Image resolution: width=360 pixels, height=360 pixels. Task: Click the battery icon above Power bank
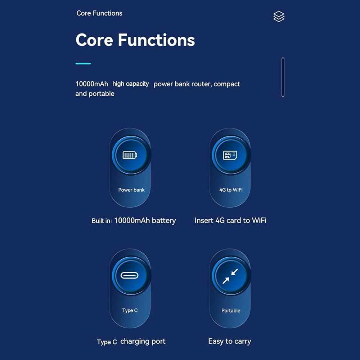click(130, 155)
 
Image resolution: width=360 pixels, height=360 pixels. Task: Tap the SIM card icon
click(230, 156)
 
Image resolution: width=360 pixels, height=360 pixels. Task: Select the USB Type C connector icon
click(130, 275)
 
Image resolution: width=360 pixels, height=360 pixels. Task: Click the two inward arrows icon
click(230, 276)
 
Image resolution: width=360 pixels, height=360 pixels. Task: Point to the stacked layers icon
click(279, 17)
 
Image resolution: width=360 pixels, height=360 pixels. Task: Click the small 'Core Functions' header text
click(99, 13)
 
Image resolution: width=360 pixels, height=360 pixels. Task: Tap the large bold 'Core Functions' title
click(135, 40)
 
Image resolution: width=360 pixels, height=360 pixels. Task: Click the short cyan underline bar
click(83, 64)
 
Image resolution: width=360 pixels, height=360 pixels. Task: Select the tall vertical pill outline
click(283, 77)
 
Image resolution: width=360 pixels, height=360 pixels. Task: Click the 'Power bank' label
click(131, 190)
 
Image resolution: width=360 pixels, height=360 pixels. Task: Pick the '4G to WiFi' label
click(231, 190)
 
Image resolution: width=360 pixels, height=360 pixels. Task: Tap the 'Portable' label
click(231, 311)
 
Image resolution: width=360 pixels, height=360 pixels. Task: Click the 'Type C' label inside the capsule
click(130, 310)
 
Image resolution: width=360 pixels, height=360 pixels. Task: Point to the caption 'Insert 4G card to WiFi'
click(230, 220)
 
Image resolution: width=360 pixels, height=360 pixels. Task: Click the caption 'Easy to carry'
click(230, 341)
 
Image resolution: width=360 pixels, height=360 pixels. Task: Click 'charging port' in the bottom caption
click(143, 341)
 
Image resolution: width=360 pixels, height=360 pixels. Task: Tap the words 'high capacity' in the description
click(131, 84)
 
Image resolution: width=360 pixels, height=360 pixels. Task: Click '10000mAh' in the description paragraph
click(92, 84)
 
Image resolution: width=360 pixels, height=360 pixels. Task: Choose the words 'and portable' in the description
click(95, 94)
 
